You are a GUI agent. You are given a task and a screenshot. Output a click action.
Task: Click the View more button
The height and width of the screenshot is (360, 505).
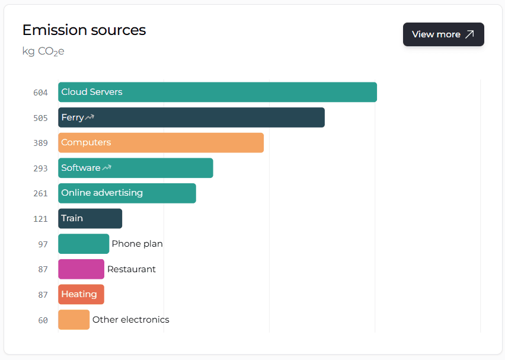pos(443,34)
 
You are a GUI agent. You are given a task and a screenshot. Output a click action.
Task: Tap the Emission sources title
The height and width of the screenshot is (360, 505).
pos(84,30)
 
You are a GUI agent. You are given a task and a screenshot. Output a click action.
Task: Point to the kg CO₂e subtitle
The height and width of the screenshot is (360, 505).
pos(43,52)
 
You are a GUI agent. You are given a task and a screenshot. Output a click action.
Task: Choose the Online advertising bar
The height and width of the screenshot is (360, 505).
pos(127,193)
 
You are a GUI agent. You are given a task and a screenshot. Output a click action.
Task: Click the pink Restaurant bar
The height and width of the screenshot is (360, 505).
pos(81,269)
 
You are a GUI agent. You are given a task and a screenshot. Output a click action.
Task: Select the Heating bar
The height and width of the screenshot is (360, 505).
pos(81,294)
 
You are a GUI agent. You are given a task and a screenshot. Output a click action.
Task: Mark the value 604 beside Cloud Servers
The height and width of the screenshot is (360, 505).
pos(40,93)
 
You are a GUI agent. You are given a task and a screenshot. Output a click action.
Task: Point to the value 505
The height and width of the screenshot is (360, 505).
pos(40,118)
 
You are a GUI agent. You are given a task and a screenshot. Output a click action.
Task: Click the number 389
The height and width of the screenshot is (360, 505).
pos(40,143)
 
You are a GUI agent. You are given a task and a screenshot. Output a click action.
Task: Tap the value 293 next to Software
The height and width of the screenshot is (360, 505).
pos(40,168)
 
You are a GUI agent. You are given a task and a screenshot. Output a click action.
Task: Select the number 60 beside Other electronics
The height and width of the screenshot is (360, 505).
pos(43,320)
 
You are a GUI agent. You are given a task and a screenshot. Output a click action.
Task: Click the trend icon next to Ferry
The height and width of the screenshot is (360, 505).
pos(90,117)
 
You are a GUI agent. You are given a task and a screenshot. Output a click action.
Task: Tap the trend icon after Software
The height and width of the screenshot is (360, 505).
pos(107,168)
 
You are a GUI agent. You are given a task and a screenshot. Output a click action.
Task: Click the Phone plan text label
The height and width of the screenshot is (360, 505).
pos(137,244)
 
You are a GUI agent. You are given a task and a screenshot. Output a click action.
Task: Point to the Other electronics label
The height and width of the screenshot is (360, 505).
pos(130,320)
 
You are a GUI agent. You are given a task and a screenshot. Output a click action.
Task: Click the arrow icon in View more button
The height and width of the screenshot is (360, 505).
pos(469,34)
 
